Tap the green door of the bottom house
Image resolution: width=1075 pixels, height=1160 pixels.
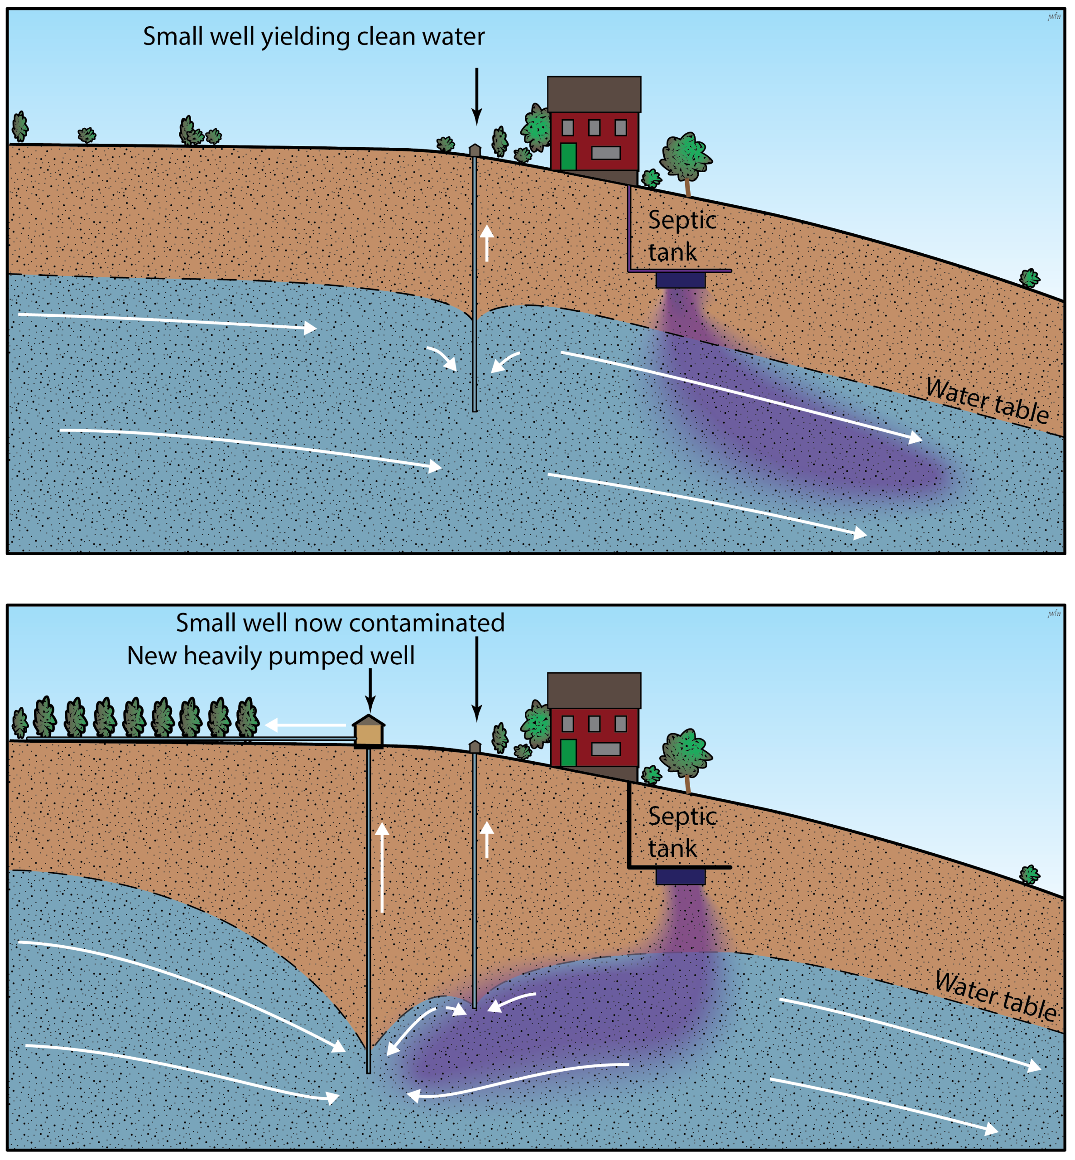pos(568,753)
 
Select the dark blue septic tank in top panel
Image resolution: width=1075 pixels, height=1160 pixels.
pos(680,280)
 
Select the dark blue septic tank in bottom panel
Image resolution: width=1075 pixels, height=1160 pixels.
pos(680,876)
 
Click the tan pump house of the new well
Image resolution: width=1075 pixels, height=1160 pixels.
pos(368,732)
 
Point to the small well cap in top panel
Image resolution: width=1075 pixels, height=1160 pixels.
pos(475,150)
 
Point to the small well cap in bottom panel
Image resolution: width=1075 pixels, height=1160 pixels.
pos(475,746)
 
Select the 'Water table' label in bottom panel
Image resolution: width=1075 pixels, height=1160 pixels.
pos(995,995)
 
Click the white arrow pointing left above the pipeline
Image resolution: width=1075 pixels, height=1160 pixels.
pos(305,725)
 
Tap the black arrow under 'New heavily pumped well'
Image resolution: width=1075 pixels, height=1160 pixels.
pos(370,689)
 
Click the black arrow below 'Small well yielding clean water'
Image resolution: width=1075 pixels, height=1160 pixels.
pos(476,96)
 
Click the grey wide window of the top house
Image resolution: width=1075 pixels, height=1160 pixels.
pos(605,153)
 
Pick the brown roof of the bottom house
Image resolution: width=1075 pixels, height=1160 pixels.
pos(594,690)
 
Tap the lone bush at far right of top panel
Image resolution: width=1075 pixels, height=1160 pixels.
pos(1029,278)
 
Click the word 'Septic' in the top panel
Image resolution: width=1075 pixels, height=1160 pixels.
pos(682,220)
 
